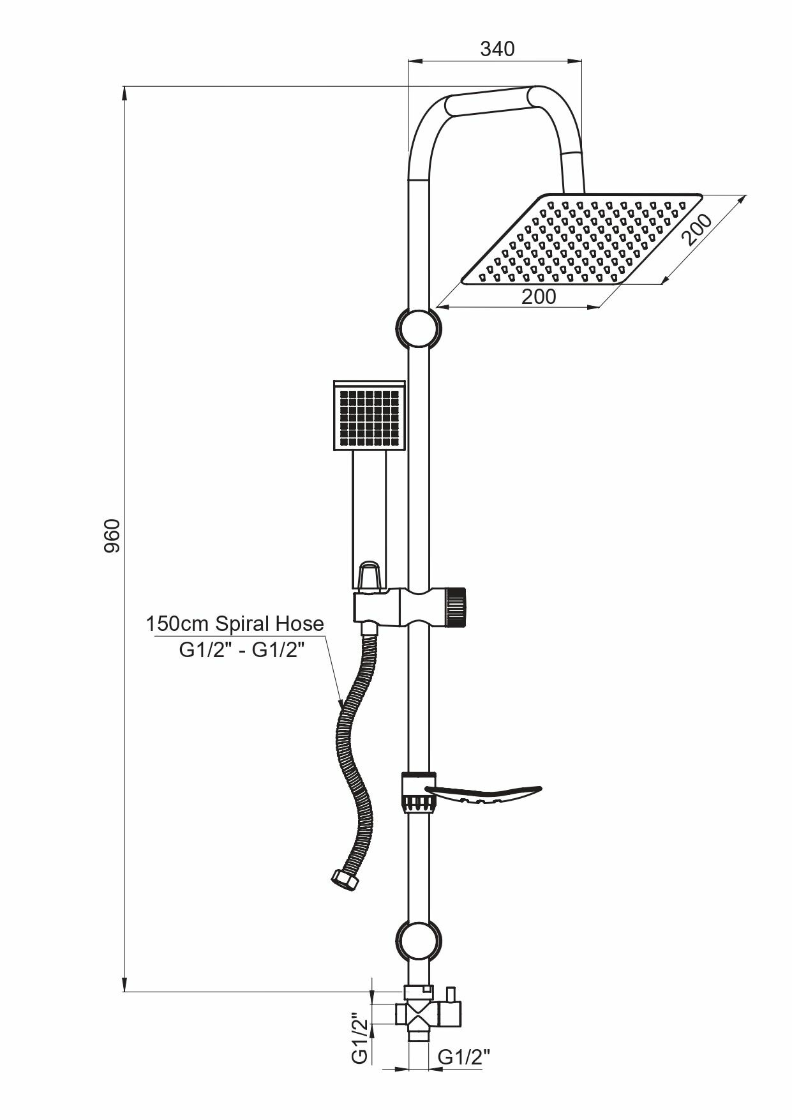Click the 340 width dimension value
point(497,49)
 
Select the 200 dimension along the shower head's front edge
point(539,297)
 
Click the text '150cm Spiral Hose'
point(235,623)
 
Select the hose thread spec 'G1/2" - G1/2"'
point(241,650)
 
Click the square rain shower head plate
point(581,239)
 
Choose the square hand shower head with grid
point(370,416)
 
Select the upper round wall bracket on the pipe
point(419,328)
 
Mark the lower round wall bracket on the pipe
point(418,939)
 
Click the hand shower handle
point(370,511)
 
